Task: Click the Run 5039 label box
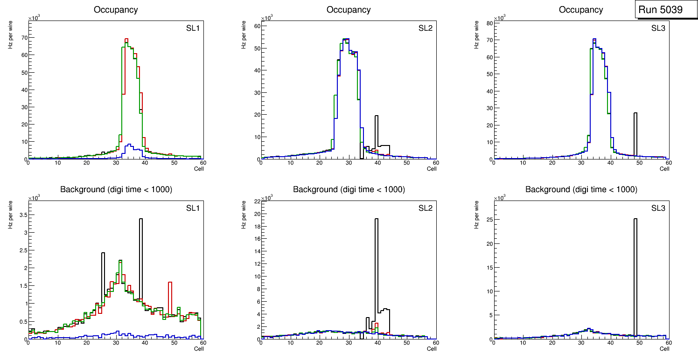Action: (660, 10)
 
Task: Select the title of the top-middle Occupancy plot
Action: (349, 9)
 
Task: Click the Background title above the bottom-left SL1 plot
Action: (116, 189)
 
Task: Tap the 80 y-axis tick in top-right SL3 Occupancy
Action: (489, 22)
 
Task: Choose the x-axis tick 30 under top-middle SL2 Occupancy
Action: (349, 163)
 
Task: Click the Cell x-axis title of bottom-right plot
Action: (664, 349)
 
